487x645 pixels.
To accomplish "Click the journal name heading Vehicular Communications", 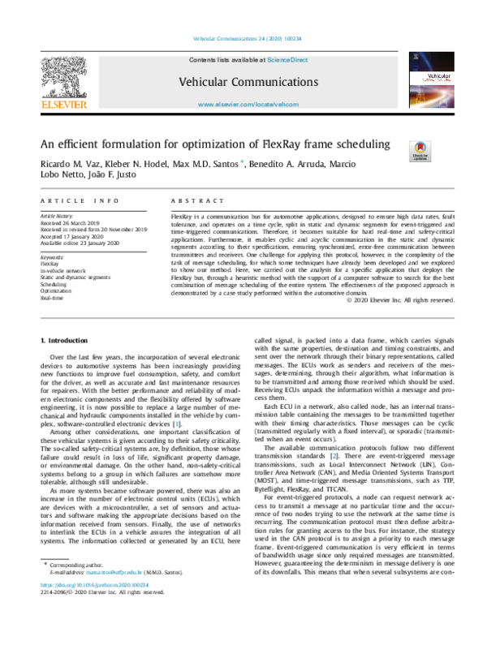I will tap(243, 83).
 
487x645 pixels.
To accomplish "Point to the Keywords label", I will tap(52, 256).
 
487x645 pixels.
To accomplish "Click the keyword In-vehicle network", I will tap(62, 269).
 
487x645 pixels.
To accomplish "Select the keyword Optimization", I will tap(56, 289).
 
